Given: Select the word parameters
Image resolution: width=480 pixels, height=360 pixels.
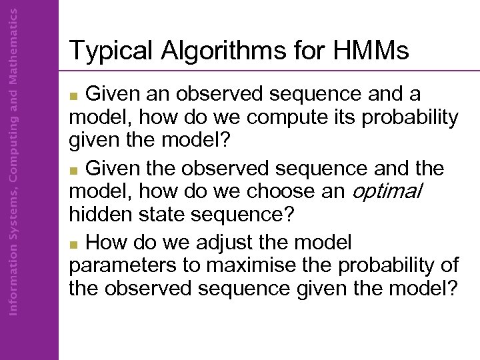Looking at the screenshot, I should (x=121, y=265).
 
